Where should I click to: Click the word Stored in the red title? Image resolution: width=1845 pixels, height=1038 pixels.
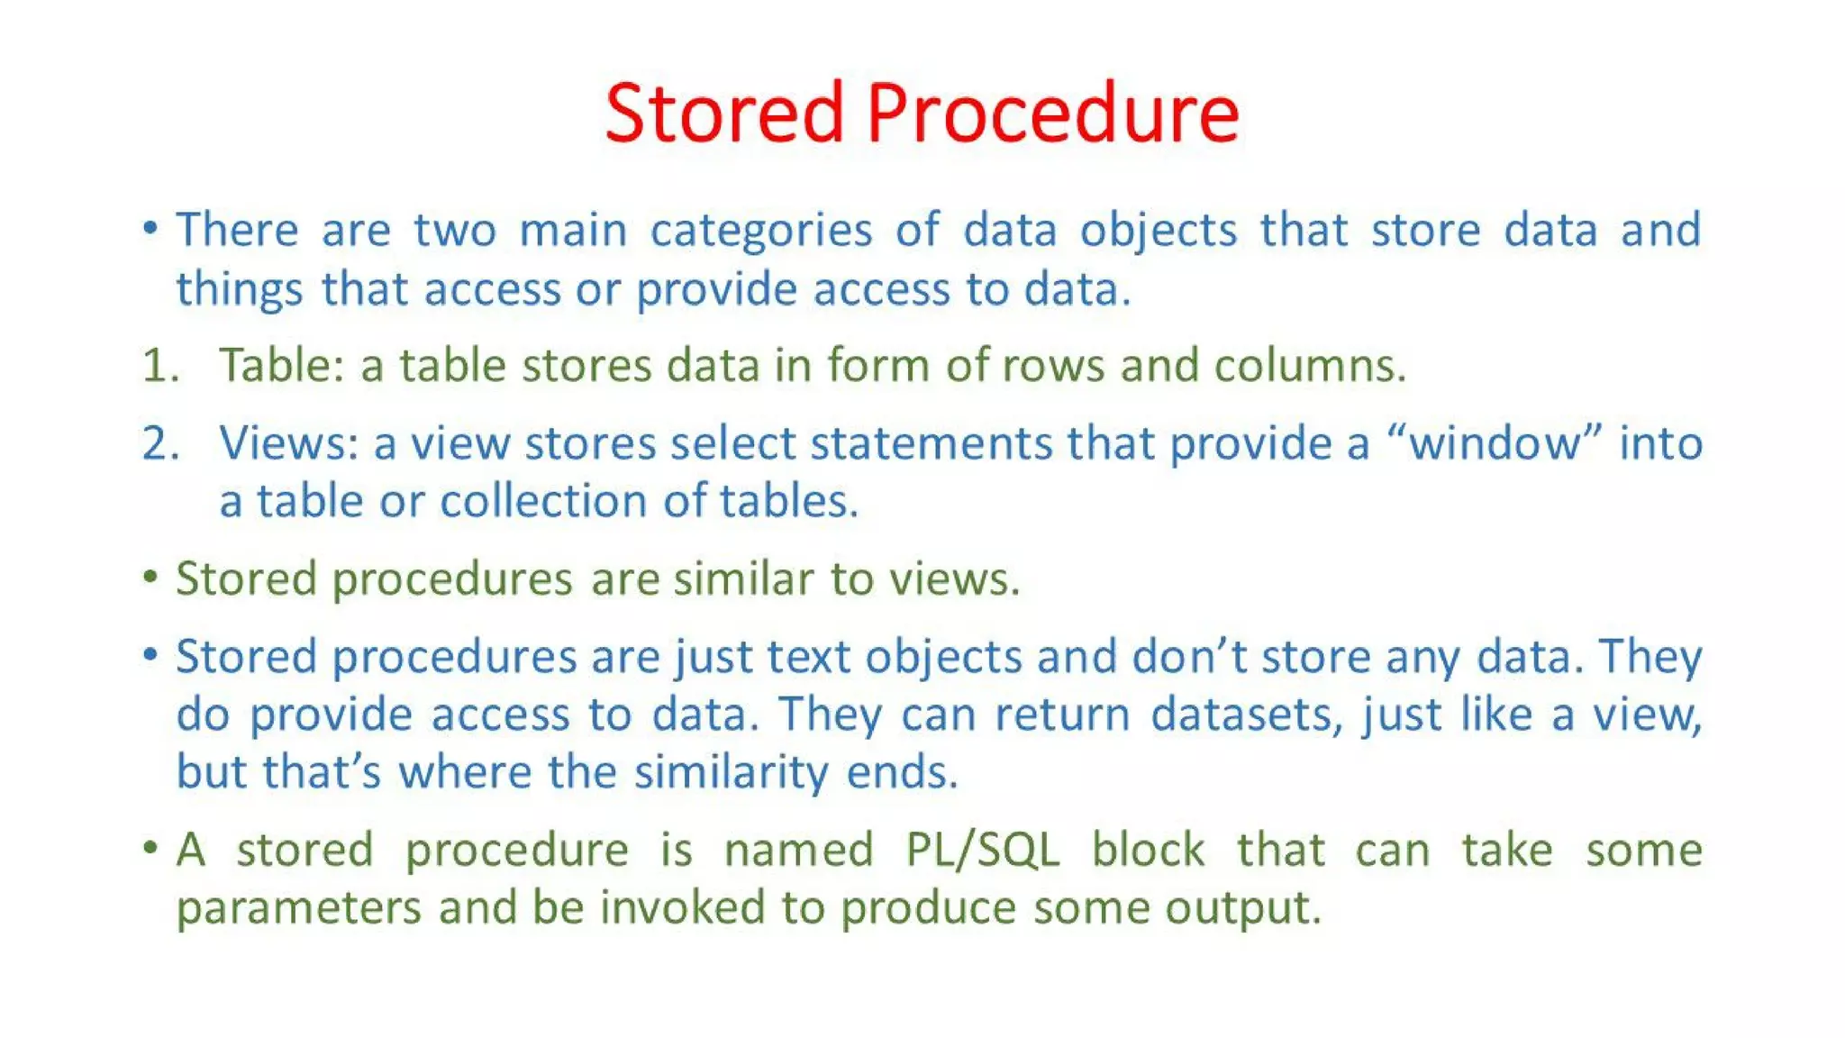click(x=724, y=114)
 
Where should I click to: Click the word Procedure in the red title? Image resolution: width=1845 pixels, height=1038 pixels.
click(x=1053, y=114)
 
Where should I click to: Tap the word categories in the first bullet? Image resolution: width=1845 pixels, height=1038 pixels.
click(x=761, y=231)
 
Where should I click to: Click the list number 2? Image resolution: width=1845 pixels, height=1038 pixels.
click(x=160, y=443)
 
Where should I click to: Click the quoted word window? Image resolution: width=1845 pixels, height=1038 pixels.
click(x=1495, y=443)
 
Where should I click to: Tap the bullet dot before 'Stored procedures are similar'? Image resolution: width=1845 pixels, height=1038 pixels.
click(x=150, y=577)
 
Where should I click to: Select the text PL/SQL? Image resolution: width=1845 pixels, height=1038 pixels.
click(x=982, y=850)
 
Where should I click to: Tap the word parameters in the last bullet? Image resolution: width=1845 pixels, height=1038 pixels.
click(x=298, y=908)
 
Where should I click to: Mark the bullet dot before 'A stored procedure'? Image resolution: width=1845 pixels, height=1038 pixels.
click(x=150, y=848)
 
